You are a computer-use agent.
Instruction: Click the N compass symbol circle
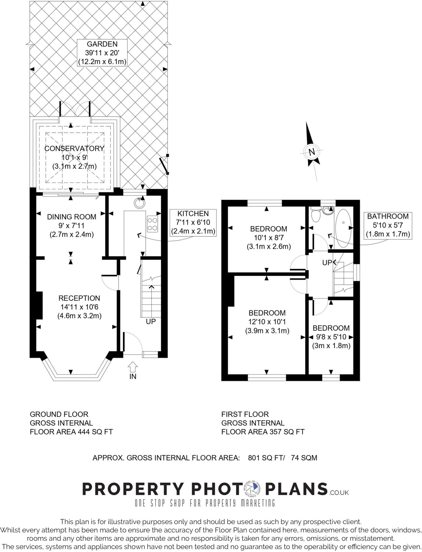pyautogui.click(x=312, y=152)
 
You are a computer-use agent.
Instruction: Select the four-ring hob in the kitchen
pyautogui.click(x=152, y=224)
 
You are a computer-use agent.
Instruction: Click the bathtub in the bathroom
pyautogui.click(x=343, y=228)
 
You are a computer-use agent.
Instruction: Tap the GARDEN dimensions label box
pyautogui.click(x=102, y=53)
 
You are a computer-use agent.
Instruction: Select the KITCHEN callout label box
pyautogui.click(x=193, y=222)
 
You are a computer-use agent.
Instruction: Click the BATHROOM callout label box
pyautogui.click(x=388, y=225)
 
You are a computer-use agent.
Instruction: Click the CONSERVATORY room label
pyautogui.click(x=74, y=149)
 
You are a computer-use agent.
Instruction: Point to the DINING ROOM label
pyautogui.click(x=72, y=217)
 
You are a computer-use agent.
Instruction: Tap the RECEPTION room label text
pyautogui.click(x=79, y=298)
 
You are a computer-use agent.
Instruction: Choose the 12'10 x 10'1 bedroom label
pyautogui.click(x=267, y=322)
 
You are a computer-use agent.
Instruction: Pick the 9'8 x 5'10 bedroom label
pyautogui.click(x=331, y=337)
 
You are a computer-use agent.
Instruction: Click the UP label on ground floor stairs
pyautogui.click(x=151, y=322)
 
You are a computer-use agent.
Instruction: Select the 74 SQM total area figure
pyautogui.click(x=304, y=458)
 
